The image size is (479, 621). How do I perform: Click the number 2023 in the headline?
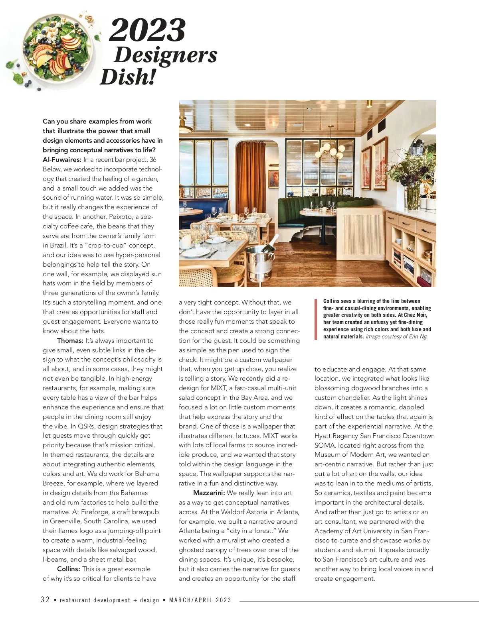click(x=147, y=30)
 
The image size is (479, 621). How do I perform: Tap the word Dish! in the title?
click(x=127, y=77)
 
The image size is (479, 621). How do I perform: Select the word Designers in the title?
click(x=165, y=55)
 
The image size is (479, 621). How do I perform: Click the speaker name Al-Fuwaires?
click(x=62, y=160)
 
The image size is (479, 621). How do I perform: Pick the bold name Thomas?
click(x=70, y=341)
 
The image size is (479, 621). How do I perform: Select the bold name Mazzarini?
click(x=209, y=493)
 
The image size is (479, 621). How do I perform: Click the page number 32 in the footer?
click(x=46, y=600)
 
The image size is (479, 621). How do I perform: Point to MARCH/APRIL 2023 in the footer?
click(x=200, y=600)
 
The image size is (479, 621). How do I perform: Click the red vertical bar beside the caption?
click(x=315, y=319)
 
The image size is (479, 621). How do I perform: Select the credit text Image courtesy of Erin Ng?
click(x=396, y=337)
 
